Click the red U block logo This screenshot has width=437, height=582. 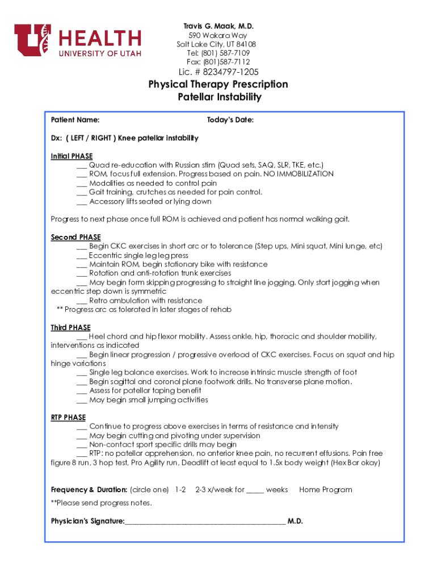click(33, 40)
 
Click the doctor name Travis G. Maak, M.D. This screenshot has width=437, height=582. click(218, 27)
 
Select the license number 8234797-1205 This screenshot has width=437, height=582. click(226, 72)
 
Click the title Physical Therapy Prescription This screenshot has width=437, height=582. click(218, 84)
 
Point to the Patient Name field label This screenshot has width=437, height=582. click(75, 120)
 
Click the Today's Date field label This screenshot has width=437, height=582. click(230, 120)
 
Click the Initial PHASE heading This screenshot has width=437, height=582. click(72, 156)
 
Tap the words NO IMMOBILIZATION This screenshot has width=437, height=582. click(298, 174)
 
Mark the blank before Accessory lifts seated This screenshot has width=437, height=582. click(81, 202)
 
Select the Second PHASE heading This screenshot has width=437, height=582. click(75, 237)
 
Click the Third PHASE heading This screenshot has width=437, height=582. click(70, 327)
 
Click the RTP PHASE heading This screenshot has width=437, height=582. click(68, 417)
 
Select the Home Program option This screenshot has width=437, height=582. click(325, 489)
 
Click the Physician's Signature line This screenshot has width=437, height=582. click(204, 522)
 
